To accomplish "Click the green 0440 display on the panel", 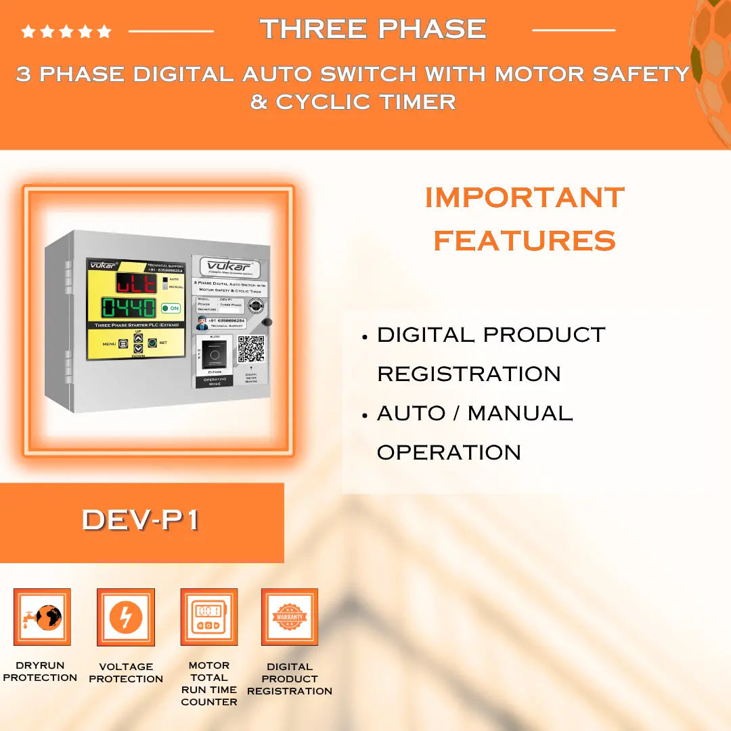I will pos(129,308).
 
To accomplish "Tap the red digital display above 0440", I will pos(136,282).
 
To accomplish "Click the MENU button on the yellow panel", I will pos(123,344).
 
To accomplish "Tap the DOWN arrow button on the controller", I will pos(138,348).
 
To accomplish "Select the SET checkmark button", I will pos(152,343).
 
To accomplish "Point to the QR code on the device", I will pos(250,349).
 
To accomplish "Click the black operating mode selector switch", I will pos(215,353).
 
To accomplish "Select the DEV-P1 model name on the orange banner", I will pos(141,520).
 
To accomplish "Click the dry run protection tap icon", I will pos(42,617).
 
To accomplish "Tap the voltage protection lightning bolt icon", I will pos(126,617).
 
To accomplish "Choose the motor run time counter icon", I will pos(208,617).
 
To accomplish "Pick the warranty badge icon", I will pos(290,617).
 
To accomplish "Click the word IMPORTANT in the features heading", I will pos(525,198).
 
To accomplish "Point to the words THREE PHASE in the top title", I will pos(373,29).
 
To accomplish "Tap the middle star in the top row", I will pos(66,31).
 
